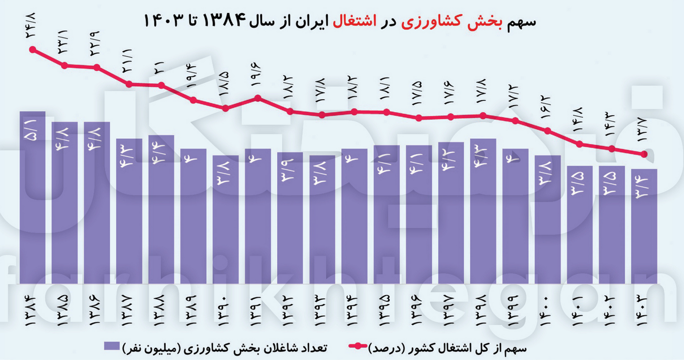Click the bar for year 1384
pos(33,201)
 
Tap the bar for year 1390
pos(225,221)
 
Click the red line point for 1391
pos(258,98)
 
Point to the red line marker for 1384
pos(33,50)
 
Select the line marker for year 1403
pos(644,154)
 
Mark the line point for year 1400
pos(548,131)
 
